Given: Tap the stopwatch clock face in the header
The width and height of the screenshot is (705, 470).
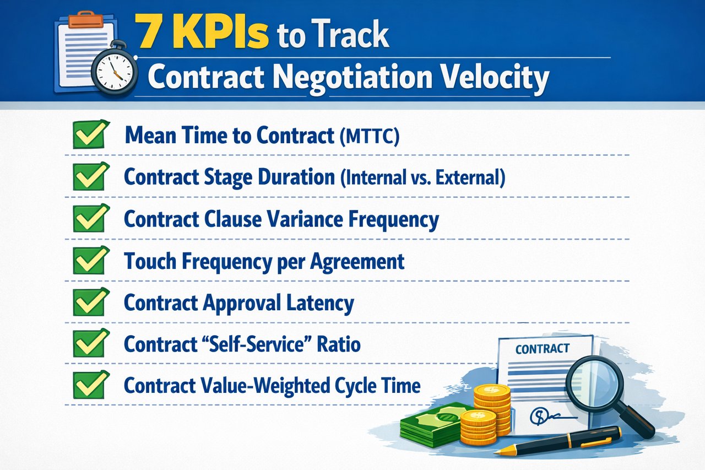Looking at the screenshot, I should pos(115,72).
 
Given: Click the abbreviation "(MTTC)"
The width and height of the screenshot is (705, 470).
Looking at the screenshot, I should pos(367,137).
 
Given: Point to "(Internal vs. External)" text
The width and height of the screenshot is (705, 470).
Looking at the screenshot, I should pos(422,178).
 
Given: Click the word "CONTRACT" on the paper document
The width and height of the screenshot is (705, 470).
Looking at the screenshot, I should pos(542,349).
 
